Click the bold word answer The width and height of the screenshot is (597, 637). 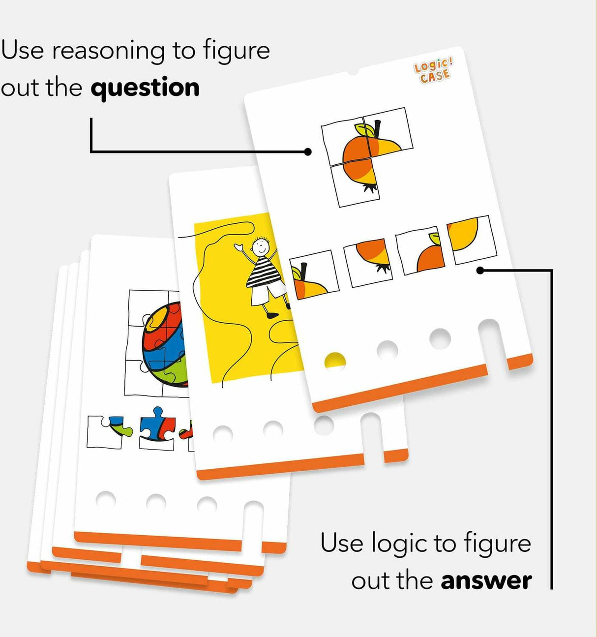[486, 581]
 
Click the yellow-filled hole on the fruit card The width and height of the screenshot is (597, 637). [335, 361]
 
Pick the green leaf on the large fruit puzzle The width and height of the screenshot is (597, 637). [365, 130]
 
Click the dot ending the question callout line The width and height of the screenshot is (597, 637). [308, 152]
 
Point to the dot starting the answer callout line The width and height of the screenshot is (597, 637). [480, 270]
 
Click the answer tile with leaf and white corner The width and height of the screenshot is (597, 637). [420, 251]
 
